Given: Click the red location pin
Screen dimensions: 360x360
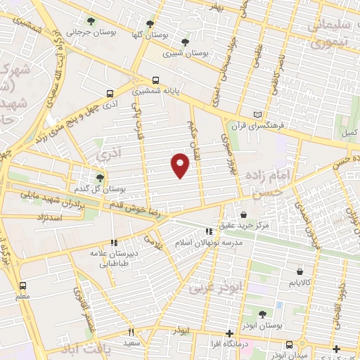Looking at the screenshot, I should (181, 165).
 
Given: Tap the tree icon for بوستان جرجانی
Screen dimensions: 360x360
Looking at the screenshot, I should (91, 20).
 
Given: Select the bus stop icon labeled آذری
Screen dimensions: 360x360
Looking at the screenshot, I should (110, 93).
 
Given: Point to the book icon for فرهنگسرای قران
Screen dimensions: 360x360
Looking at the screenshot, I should (258, 114).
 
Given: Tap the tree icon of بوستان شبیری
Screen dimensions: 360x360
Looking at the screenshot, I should (185, 42).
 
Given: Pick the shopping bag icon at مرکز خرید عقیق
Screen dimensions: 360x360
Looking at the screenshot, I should (243, 214).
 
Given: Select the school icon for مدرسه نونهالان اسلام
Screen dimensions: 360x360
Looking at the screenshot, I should (208, 231).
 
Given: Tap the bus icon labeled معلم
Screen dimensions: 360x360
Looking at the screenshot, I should (23, 285).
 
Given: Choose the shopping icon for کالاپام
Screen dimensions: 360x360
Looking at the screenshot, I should (300, 271).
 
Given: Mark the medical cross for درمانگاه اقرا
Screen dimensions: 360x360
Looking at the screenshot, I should (229, 333).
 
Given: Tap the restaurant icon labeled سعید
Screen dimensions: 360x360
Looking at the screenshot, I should (131, 332).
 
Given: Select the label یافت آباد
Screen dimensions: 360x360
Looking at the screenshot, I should (86, 349).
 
